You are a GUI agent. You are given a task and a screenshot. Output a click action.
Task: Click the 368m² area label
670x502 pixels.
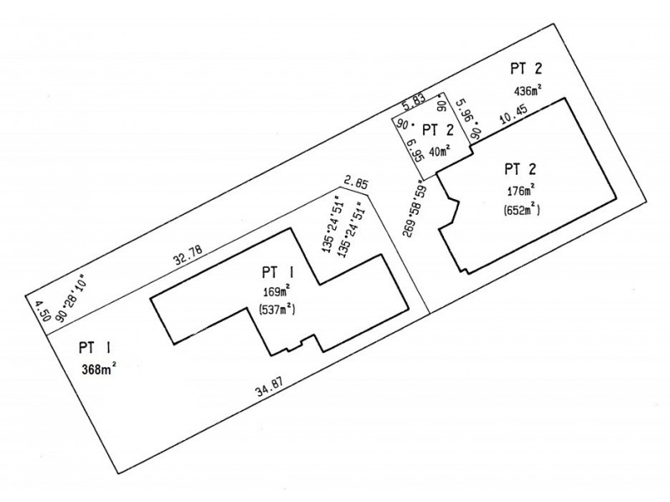(x=98, y=368)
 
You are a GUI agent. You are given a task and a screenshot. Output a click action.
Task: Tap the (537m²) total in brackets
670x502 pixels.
(x=278, y=311)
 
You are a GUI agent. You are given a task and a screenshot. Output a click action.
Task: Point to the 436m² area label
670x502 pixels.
(x=530, y=90)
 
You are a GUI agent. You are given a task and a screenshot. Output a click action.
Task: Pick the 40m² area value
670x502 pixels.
(x=439, y=151)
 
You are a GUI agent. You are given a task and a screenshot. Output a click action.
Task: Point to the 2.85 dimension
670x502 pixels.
(x=355, y=182)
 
